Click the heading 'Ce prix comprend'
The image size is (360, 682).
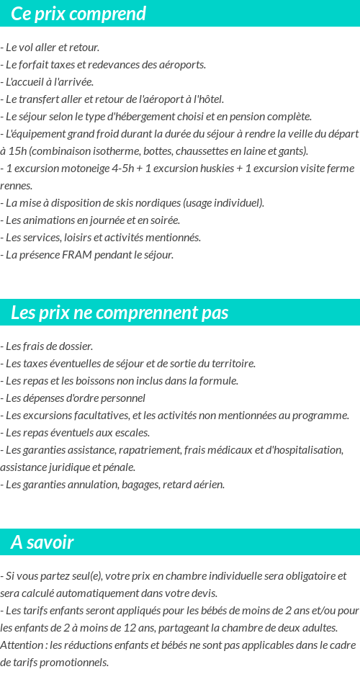[78, 14]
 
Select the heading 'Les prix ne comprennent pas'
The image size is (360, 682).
[120, 313]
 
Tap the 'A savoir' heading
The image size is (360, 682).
[42, 542]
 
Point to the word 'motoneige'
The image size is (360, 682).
[88, 169]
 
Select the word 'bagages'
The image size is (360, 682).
[140, 485]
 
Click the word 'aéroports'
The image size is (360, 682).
[183, 65]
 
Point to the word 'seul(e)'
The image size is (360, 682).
[79, 576]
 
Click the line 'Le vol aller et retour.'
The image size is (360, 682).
[50, 48]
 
